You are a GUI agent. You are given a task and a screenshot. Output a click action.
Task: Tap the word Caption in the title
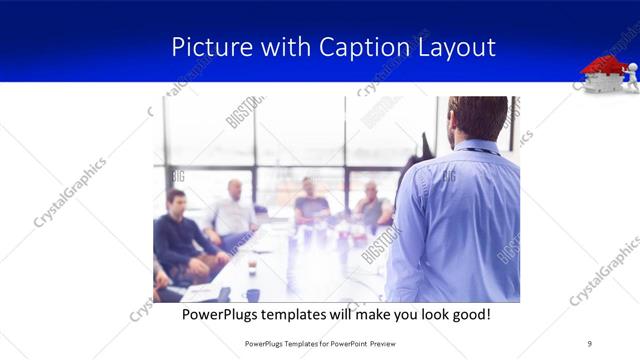(x=364, y=47)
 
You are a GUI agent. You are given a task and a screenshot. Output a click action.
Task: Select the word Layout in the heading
(x=456, y=47)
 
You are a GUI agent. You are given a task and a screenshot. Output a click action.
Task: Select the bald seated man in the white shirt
(x=233, y=212)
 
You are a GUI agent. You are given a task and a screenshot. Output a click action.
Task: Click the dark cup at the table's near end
(x=252, y=294)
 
